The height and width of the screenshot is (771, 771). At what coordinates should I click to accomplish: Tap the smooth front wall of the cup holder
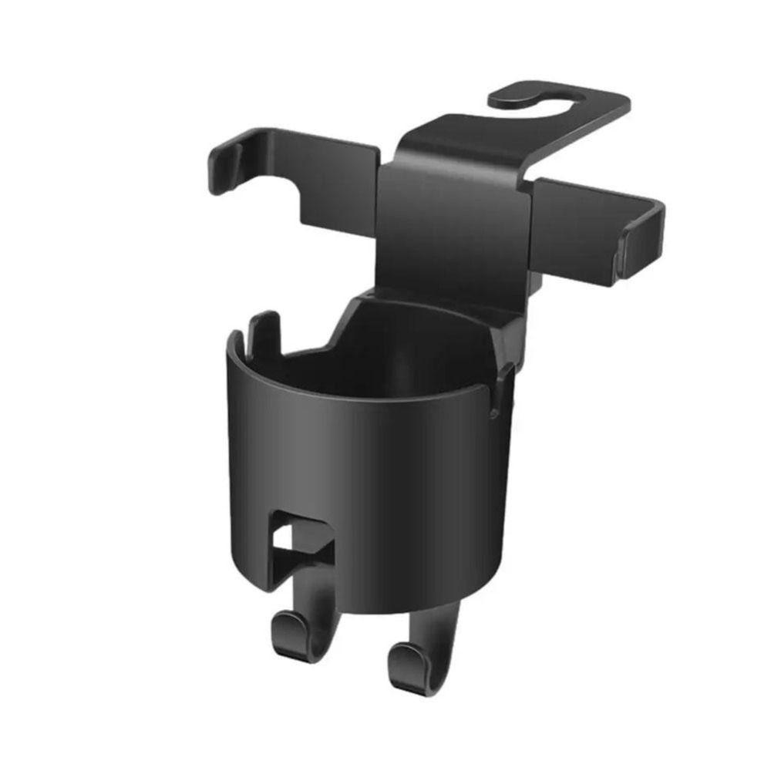tap(385, 478)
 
